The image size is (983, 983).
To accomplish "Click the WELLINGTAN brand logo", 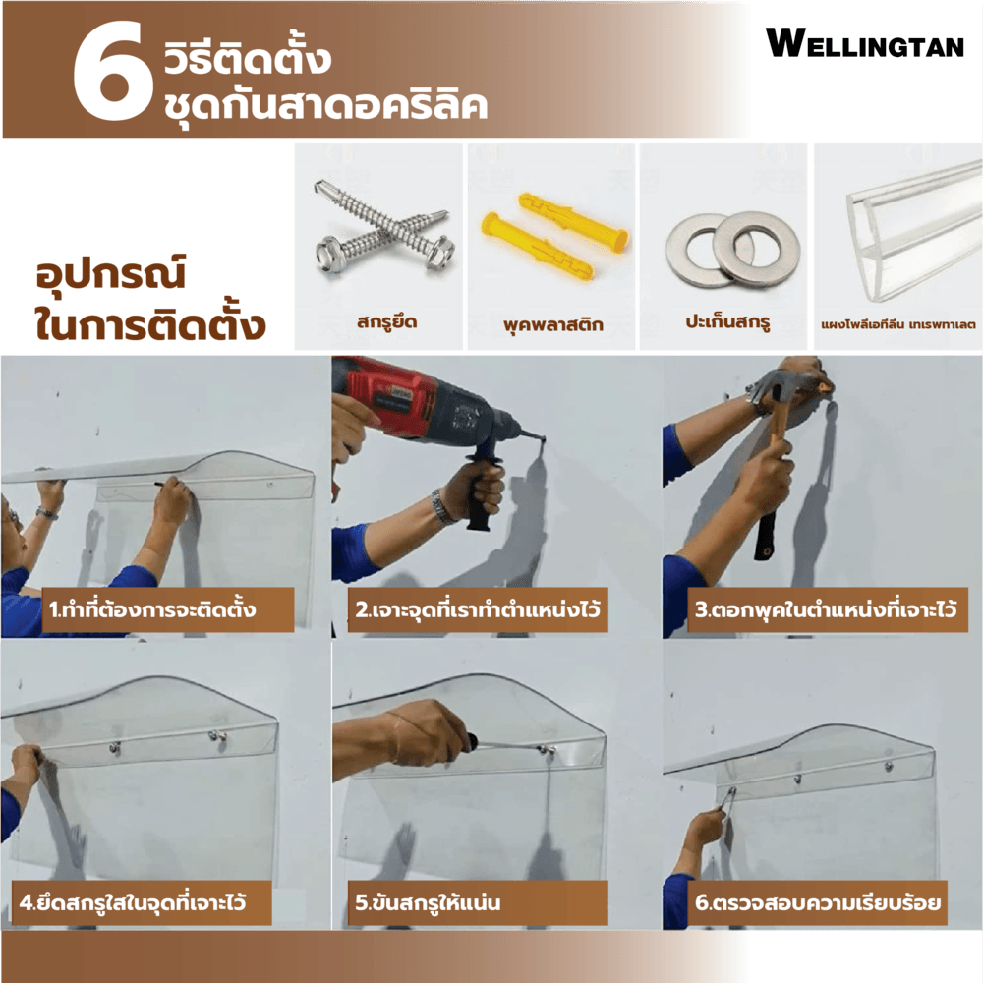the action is [x=865, y=44].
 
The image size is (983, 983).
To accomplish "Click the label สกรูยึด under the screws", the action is [x=386, y=322].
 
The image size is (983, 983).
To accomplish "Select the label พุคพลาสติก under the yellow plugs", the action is [x=552, y=324].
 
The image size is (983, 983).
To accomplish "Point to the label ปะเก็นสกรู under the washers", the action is [x=727, y=321].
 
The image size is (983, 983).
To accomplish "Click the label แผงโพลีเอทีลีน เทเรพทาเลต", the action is [x=898, y=324].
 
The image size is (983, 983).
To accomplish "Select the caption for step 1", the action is [x=151, y=608].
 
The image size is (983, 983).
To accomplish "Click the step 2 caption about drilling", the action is [x=478, y=608].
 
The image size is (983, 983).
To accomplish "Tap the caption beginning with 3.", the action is [x=826, y=608].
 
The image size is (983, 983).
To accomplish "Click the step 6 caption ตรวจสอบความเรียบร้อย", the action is [x=818, y=902].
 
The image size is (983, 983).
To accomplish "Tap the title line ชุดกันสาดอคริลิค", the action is [x=325, y=105].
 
